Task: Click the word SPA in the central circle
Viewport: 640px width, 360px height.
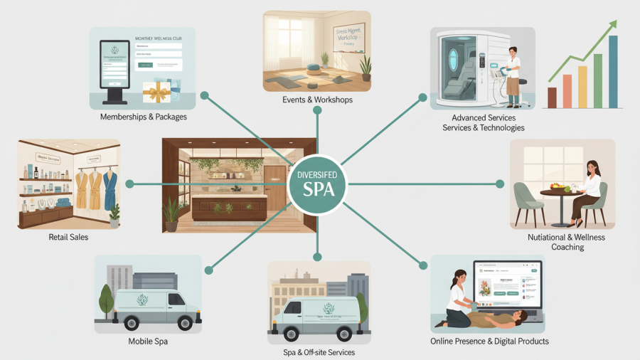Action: [318, 190]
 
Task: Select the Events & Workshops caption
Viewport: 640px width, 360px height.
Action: [317, 100]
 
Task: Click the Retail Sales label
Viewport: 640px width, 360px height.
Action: [68, 237]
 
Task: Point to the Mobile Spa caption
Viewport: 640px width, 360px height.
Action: [147, 341]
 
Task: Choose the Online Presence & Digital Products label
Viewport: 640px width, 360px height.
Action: [489, 341]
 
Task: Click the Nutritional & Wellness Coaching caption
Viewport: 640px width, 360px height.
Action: [566, 242]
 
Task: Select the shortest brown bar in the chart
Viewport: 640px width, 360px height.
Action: [551, 97]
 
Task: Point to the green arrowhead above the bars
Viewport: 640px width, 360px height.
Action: [611, 26]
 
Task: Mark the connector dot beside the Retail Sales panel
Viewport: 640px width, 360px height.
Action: [129, 184]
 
